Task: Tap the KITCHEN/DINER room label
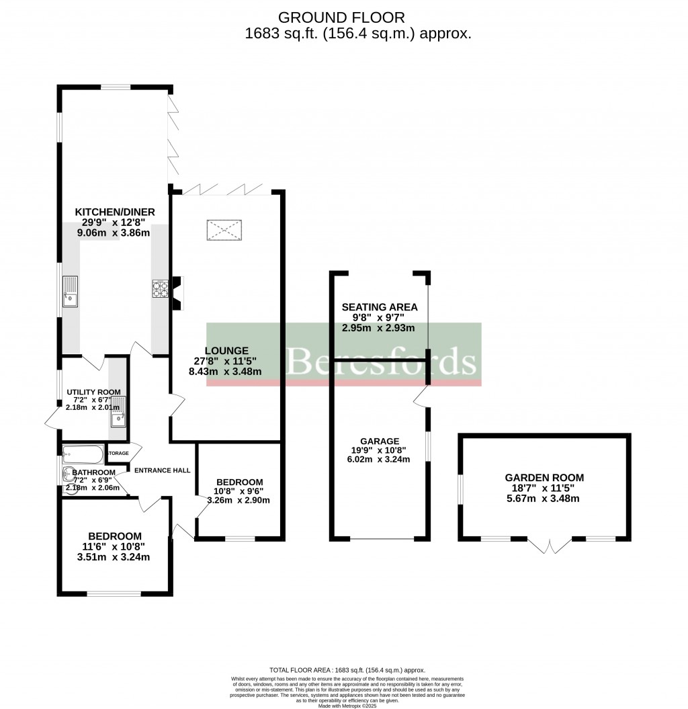114,212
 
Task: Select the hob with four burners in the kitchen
160,288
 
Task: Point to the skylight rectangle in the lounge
224,231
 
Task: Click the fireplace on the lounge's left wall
177,294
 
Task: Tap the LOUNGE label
226,350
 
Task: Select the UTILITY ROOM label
93,392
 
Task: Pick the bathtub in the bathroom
82,455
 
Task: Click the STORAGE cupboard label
119,454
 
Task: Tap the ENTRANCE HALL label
162,470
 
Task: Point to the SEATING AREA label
380,307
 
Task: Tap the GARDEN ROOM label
544,477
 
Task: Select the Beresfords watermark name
381,361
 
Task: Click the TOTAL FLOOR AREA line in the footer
347,670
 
